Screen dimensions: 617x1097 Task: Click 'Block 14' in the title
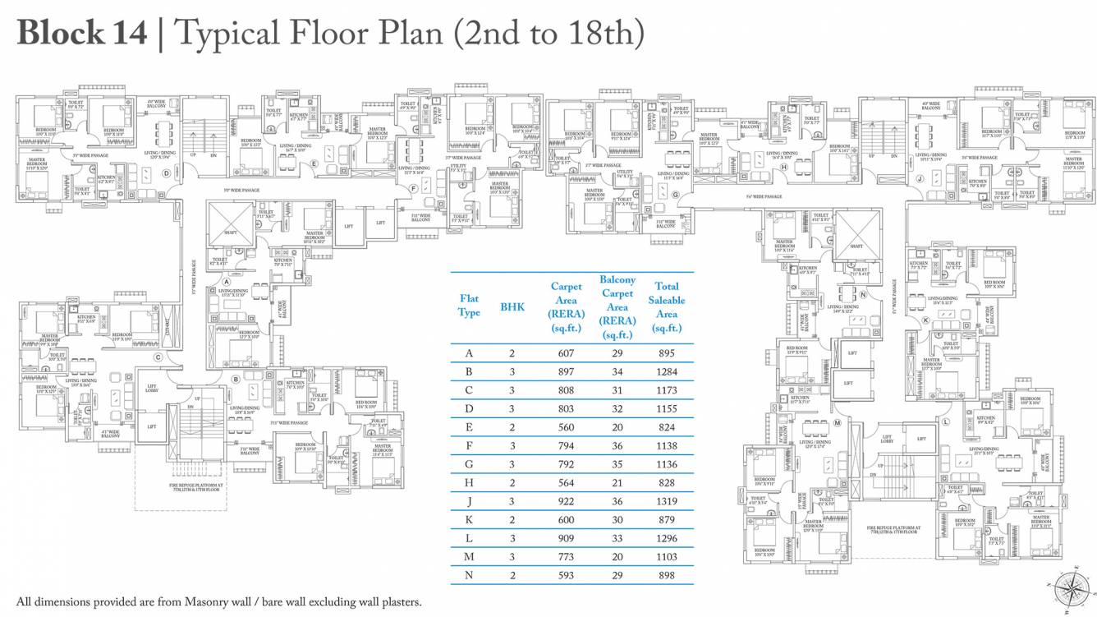(81, 33)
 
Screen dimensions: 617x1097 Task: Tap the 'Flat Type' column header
(469, 306)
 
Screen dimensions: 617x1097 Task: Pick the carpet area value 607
(566, 353)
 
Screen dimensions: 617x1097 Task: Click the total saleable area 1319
(667, 501)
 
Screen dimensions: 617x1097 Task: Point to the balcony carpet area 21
(617, 483)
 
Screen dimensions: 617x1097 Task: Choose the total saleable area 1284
(667, 371)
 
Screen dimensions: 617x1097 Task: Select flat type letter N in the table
(469, 575)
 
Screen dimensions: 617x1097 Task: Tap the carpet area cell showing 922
(566, 501)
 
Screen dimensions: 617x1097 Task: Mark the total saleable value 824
(667, 427)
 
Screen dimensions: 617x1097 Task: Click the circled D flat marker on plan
(167, 173)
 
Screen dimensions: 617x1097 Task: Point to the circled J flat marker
(920, 177)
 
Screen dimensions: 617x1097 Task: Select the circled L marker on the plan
(946, 421)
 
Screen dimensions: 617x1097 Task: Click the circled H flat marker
(784, 168)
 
